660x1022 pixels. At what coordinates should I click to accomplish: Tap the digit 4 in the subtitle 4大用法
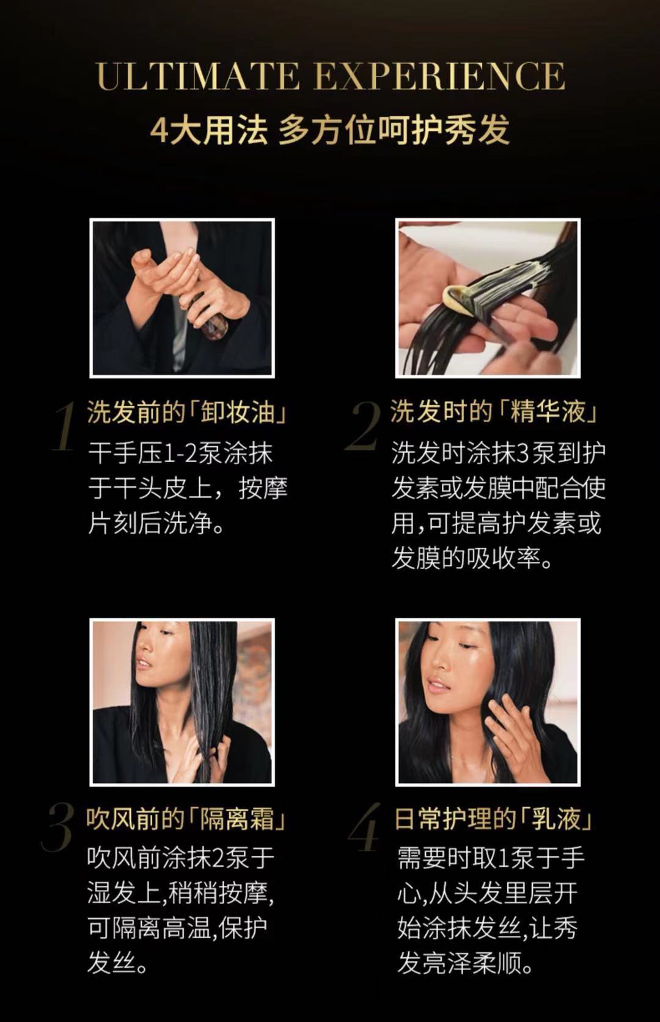pyautogui.click(x=159, y=130)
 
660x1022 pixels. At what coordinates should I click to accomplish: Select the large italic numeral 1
pyautogui.click(x=64, y=426)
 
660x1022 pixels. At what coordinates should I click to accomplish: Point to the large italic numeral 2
pyautogui.click(x=362, y=426)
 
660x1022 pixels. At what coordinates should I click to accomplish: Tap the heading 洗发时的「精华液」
pyautogui.click(x=494, y=411)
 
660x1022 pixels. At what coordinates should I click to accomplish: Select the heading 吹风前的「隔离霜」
pyautogui.click(x=186, y=818)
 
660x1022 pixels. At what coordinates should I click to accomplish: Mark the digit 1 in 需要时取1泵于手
pyautogui.click(x=503, y=858)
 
